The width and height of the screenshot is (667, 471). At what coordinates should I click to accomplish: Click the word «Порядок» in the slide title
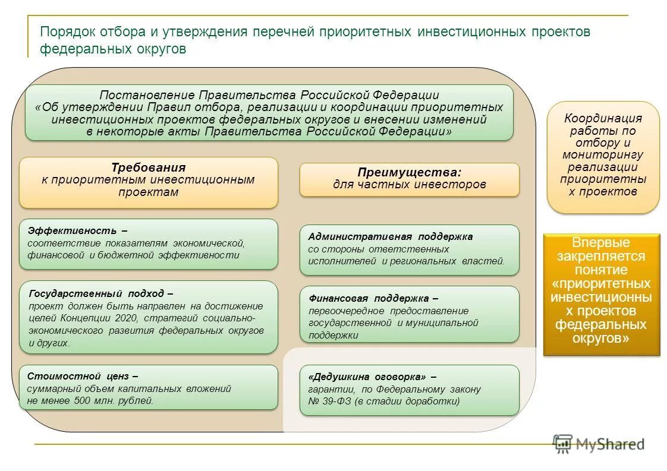pos(63,32)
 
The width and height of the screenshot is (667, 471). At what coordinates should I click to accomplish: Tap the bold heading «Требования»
pos(148,167)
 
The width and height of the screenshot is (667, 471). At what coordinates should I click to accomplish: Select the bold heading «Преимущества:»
pos(409,172)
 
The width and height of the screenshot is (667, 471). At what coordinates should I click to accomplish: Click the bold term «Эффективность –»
pos(77,230)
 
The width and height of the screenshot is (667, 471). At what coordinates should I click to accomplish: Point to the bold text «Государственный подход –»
pos(101,293)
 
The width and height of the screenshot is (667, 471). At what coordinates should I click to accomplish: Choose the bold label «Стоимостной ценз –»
pos(83,376)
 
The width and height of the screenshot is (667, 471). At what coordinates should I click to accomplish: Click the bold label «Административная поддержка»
pos(390,236)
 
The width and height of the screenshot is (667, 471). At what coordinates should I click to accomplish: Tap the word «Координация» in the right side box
pos(603,118)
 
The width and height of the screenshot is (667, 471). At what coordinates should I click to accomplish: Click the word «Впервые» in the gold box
pos(601,242)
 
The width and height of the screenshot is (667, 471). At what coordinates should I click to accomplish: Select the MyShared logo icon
pos(562,443)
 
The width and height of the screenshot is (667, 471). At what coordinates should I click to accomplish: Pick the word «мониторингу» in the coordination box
pos(603,155)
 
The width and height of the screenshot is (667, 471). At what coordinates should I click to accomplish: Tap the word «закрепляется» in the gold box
pos(601,256)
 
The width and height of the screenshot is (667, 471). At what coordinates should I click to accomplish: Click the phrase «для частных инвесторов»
pos(409,185)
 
